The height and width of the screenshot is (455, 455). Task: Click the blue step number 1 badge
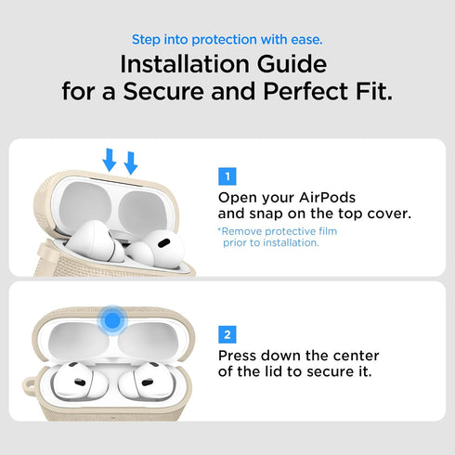(227, 176)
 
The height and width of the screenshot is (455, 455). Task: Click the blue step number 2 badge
(227, 333)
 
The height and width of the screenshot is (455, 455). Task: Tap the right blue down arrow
(131, 162)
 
